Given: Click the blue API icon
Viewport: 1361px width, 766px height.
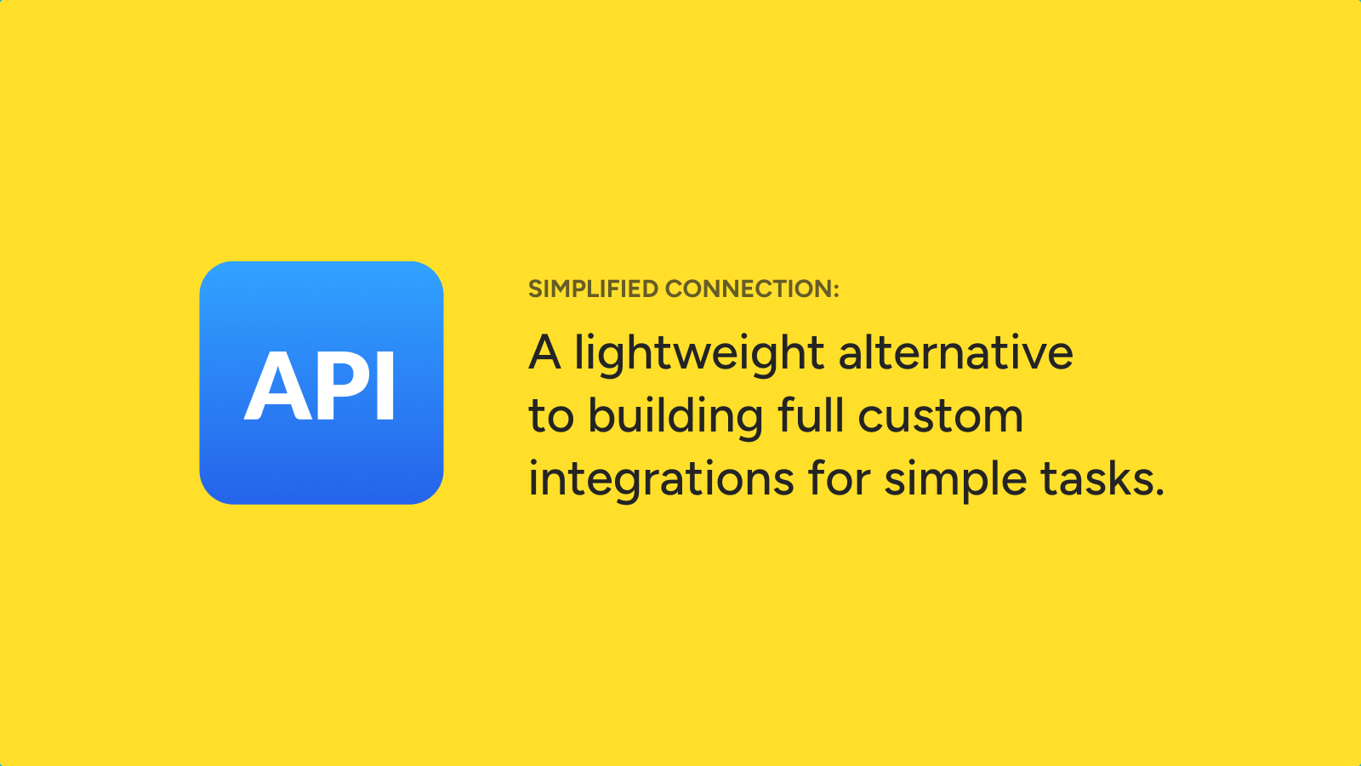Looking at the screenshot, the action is [322, 383].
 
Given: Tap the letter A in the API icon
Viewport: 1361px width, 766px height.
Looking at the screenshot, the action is [277, 386].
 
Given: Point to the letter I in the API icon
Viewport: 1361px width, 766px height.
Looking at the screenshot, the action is [385, 386].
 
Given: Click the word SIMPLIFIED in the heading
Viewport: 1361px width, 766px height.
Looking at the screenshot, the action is [593, 289].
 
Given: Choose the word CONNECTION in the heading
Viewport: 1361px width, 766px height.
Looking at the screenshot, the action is [749, 289].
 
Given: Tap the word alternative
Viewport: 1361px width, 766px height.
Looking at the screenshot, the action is [956, 352].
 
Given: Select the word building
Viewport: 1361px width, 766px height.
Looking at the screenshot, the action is [675, 417].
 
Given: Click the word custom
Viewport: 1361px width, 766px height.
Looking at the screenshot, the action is [941, 418].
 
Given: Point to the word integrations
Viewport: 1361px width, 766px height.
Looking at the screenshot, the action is [661, 480].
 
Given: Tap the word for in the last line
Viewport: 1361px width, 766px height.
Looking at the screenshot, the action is [839, 477].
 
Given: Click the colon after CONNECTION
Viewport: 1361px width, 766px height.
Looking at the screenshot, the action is [836, 290].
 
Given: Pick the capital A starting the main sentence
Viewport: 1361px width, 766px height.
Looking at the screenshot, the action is [544, 352].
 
